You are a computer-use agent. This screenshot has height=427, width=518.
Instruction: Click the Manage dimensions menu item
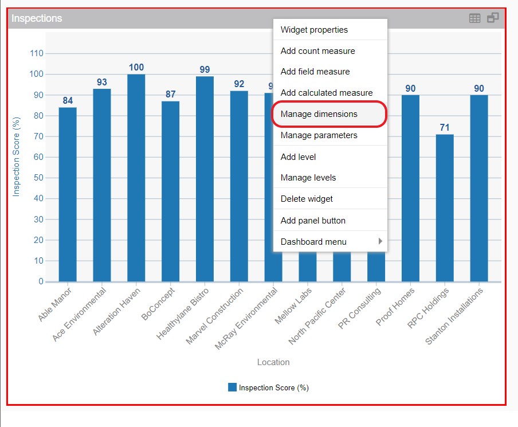pos(319,114)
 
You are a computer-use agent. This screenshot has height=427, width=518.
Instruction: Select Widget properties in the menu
pos(314,30)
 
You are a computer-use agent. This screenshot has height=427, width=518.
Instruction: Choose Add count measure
pos(317,51)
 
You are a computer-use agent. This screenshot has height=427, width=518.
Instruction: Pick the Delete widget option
pos(307,199)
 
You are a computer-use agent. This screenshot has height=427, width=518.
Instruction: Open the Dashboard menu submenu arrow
pos(380,241)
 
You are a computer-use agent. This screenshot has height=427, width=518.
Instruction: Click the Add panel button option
pos(313,221)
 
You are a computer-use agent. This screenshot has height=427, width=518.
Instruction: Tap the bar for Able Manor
pos(68,195)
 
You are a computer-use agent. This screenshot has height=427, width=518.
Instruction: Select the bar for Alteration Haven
pos(136,178)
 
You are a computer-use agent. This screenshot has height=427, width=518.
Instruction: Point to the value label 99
pos(205,69)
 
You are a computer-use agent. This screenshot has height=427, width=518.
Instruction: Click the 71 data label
pos(445,127)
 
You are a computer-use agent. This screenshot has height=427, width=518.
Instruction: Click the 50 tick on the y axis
pos(38,178)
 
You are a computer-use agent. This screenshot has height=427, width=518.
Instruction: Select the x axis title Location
pos(273,362)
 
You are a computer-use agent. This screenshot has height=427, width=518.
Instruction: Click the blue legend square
pos(232,387)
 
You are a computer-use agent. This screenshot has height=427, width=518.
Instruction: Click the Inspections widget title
pos(37,18)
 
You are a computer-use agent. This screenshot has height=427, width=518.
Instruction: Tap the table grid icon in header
pos(474,18)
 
